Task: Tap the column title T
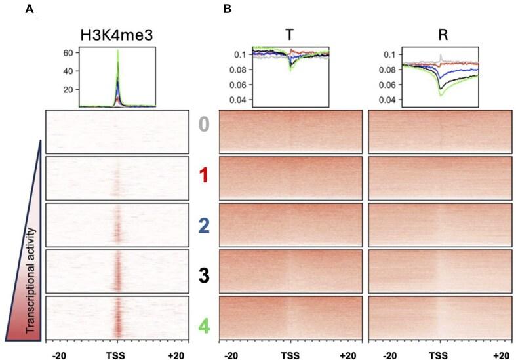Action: (290, 37)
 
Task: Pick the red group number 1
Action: (204, 176)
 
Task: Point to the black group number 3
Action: (204, 275)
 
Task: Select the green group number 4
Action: (204, 324)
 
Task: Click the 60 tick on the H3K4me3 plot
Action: (67, 52)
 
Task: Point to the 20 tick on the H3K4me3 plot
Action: (67, 89)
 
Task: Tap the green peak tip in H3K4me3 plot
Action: (117, 50)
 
